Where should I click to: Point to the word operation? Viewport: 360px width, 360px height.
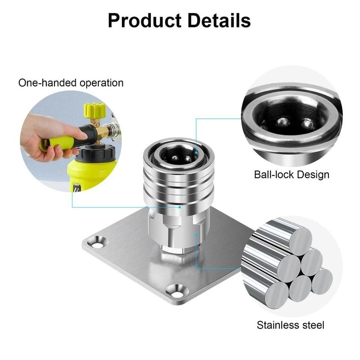point(101,83)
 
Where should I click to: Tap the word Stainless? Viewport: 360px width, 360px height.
point(280,324)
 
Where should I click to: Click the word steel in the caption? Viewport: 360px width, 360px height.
point(314,324)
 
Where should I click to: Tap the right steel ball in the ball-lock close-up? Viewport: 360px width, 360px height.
point(307,123)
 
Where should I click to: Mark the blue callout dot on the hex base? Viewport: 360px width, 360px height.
point(196,234)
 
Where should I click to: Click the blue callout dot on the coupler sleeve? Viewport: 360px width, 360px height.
point(180,207)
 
